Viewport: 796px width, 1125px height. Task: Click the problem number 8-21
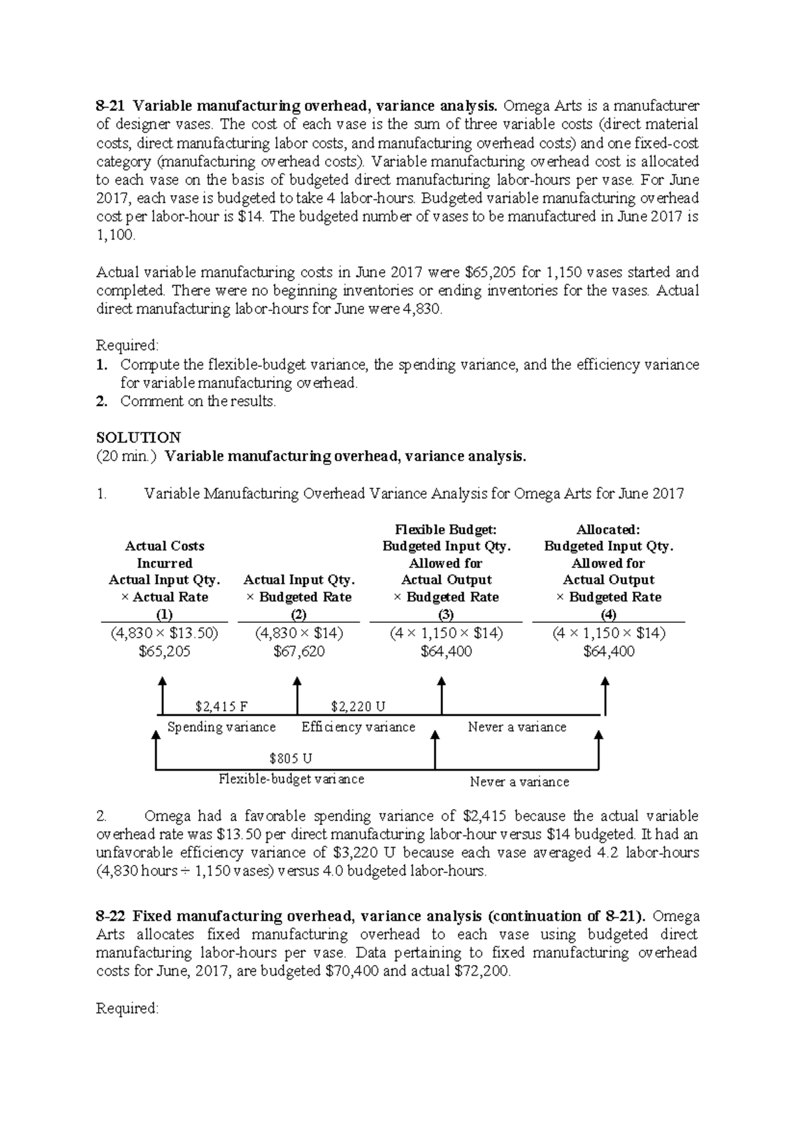click(x=110, y=106)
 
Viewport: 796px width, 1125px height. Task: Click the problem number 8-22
click(x=110, y=916)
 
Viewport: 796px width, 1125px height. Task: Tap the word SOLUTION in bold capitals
click(x=138, y=438)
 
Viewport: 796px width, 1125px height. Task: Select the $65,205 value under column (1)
click(x=165, y=651)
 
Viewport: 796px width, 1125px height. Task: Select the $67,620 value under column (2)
click(x=299, y=651)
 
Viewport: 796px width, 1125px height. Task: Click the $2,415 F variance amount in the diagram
click(x=222, y=706)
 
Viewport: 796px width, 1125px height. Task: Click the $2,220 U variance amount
click(x=358, y=706)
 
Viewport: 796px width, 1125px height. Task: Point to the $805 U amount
click(x=291, y=758)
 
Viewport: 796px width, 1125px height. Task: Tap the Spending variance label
click(x=222, y=727)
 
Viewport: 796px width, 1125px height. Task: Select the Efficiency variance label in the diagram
click(x=358, y=727)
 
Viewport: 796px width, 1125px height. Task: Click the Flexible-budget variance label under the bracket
click(x=291, y=779)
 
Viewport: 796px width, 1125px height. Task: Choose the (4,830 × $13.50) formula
click(x=165, y=633)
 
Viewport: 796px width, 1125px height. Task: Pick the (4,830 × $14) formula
click(x=299, y=633)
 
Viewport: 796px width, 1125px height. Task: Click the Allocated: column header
click(x=608, y=529)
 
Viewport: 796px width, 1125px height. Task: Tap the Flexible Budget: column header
click(x=446, y=529)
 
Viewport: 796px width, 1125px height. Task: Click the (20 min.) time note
click(x=127, y=456)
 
